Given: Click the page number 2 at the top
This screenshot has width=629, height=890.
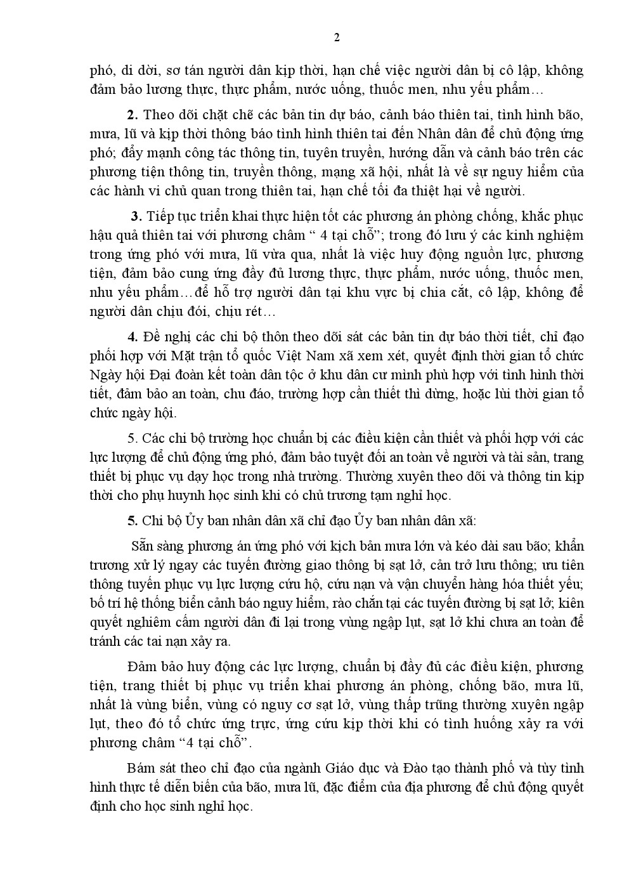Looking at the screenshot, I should tap(337, 37).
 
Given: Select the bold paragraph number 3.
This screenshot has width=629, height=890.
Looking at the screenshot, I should tap(135, 216).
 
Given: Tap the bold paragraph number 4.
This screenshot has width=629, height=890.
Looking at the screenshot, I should tap(133, 337).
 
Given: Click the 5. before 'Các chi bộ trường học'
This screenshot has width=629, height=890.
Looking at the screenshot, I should tap(132, 438).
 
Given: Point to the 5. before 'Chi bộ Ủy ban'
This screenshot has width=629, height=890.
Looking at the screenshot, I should tap(133, 521).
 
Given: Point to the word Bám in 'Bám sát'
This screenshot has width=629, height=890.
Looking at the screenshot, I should tap(140, 768).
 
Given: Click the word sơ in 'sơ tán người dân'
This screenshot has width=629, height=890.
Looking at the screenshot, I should tap(184, 70).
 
